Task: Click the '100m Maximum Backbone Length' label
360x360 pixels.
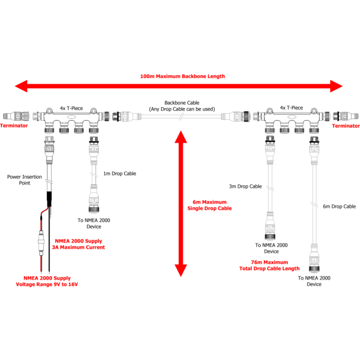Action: [x=182, y=76]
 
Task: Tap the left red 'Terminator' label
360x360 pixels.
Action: [x=13, y=126]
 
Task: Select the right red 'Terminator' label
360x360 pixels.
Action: [x=346, y=126]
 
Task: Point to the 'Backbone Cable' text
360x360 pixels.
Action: [x=181, y=103]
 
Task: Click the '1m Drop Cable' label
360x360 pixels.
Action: [x=120, y=173]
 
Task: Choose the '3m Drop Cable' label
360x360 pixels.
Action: [x=246, y=186]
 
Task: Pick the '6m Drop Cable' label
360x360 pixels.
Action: [x=339, y=207]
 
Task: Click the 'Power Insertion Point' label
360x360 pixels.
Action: [x=25, y=180]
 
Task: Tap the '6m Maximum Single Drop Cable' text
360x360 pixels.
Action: [x=210, y=205]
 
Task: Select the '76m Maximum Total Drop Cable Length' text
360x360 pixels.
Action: [x=269, y=265]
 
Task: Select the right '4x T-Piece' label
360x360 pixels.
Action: [x=291, y=108]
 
